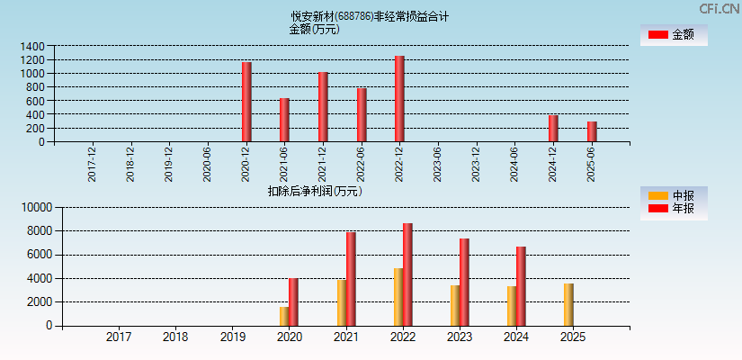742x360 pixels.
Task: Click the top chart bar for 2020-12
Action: (246, 102)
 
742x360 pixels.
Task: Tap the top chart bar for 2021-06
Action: (284, 120)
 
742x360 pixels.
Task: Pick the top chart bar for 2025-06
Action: (592, 131)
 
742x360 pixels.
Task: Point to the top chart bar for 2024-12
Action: (553, 128)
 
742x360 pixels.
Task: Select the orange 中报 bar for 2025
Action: (568, 304)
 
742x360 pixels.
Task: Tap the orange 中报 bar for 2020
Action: (284, 316)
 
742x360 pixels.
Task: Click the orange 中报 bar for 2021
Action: (342, 302)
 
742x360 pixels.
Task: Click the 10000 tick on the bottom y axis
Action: (35, 207)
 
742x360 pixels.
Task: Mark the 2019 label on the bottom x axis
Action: (232, 337)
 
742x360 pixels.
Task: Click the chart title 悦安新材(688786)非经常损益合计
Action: (370, 16)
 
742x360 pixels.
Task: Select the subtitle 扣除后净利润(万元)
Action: (315, 191)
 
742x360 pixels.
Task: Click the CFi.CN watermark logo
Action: (719, 9)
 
